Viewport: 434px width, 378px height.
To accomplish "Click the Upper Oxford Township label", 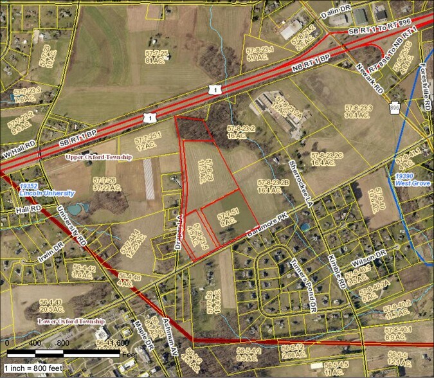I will pos(98,157).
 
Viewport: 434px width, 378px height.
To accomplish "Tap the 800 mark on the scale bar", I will pos(62,343).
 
